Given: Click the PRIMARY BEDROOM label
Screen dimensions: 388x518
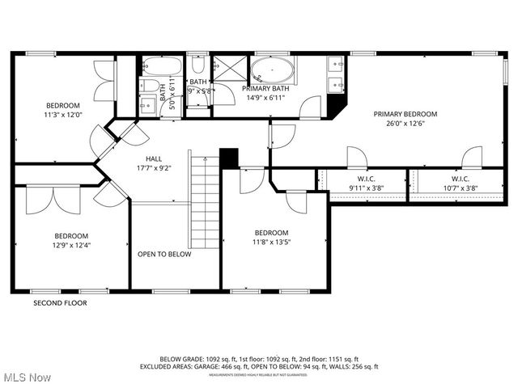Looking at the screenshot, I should (x=405, y=114).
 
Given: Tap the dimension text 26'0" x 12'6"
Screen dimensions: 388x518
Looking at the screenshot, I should (x=405, y=124).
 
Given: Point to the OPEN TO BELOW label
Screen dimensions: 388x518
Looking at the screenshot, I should (x=164, y=254).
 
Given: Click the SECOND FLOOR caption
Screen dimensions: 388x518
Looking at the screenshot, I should (x=60, y=303).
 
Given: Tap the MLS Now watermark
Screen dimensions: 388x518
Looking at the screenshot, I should (x=26, y=377).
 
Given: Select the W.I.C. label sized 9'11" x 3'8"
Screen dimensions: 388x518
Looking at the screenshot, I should (x=367, y=179).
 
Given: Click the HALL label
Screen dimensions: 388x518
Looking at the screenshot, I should (x=154, y=158).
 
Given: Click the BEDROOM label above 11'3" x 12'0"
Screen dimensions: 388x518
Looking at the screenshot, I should (x=62, y=106).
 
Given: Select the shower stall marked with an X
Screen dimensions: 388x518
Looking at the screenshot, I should (x=224, y=64).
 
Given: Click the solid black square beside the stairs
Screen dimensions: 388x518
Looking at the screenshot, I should (x=229, y=158).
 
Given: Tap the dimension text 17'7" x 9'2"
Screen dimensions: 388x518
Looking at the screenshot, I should (x=154, y=168).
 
